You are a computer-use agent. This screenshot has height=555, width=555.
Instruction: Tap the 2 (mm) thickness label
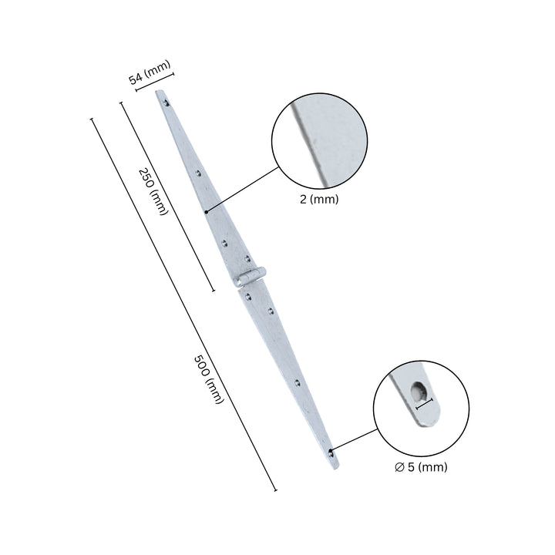pos(318,198)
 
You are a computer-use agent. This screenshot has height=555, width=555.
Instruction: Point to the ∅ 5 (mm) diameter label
pos(420,466)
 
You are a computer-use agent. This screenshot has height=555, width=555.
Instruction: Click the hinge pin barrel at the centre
pos(251,277)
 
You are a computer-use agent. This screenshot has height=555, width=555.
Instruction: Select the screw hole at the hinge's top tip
pos(163,99)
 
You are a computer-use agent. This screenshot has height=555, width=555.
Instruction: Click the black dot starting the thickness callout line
pos(207,211)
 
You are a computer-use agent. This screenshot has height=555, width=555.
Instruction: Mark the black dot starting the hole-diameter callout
pos(329,451)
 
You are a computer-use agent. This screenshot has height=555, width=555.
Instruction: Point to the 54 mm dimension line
pos(155,82)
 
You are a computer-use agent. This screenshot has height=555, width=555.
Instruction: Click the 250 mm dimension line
pos(167,197)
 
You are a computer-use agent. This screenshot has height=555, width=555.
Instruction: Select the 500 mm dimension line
pos(184,305)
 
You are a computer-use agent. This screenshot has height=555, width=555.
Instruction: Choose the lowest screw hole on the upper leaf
pos(247,259)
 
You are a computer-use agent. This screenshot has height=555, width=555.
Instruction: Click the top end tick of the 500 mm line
pos(92,119)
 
